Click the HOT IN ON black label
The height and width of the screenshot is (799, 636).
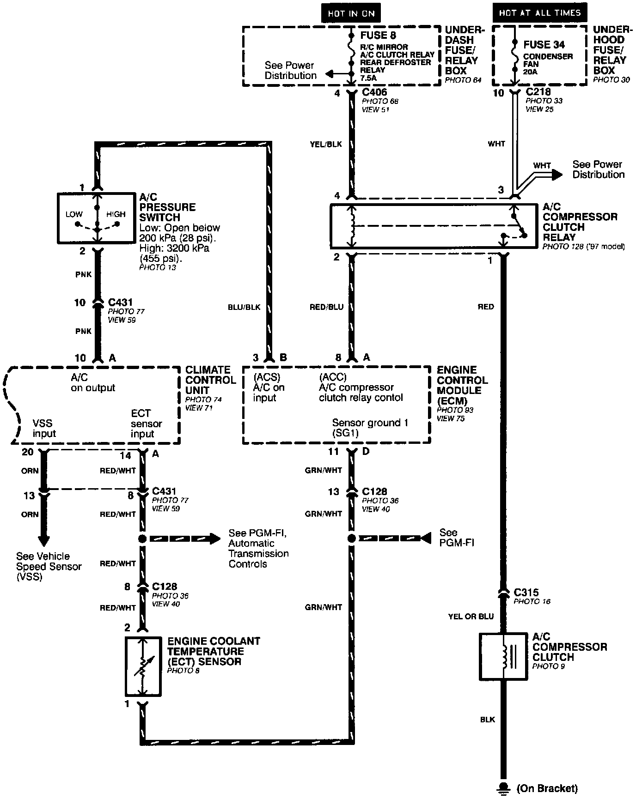point(351,13)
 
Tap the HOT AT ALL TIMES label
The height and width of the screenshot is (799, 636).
point(539,13)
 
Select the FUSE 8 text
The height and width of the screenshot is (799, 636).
point(379,35)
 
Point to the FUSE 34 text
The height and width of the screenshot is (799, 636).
point(544,45)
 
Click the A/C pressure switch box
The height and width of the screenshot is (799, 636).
point(97,218)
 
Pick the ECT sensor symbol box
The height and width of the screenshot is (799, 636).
point(143,666)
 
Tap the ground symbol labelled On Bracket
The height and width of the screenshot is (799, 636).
point(503,787)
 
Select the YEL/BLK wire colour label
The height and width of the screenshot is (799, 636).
point(326,145)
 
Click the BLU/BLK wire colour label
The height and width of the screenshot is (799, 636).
point(245,307)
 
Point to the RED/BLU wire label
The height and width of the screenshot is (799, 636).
point(327,307)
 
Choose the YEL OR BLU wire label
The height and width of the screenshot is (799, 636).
point(471,616)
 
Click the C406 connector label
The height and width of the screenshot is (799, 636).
point(374,93)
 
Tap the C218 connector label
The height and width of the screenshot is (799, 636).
point(538,92)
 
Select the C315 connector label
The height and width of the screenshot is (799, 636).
point(526,592)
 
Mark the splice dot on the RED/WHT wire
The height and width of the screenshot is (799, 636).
point(142,539)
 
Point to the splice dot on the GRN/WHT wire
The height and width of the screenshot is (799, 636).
point(351,539)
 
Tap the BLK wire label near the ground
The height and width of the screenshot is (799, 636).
point(488,720)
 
